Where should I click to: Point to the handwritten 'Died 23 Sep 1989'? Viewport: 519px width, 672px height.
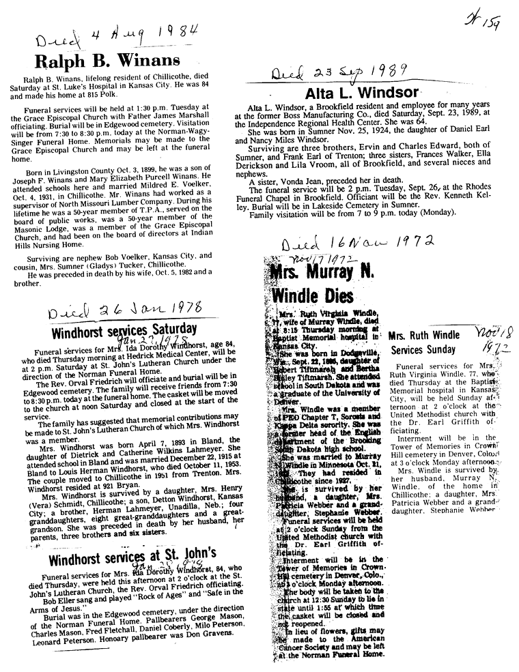click(x=339, y=73)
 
